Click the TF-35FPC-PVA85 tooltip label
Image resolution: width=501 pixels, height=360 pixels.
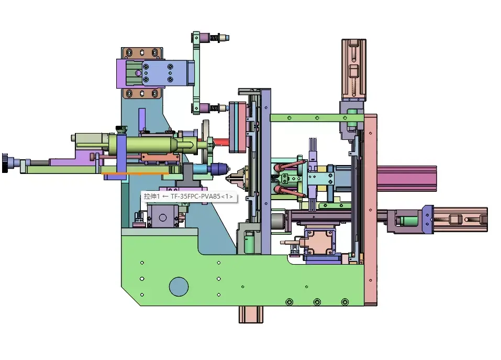pyautogui.click(x=189, y=197)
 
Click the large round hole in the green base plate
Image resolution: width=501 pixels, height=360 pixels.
pyautogui.click(x=179, y=287)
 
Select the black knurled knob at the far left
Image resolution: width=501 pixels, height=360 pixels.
pyautogui.click(x=5, y=163)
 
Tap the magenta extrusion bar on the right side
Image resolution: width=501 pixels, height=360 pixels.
pyautogui.click(x=406, y=178)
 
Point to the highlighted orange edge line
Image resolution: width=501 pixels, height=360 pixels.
pyautogui.click(x=135, y=173)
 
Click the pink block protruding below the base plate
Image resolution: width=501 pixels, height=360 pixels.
pyautogui.click(x=251, y=314)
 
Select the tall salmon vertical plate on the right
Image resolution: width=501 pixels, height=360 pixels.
pyautogui.click(x=370, y=210)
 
